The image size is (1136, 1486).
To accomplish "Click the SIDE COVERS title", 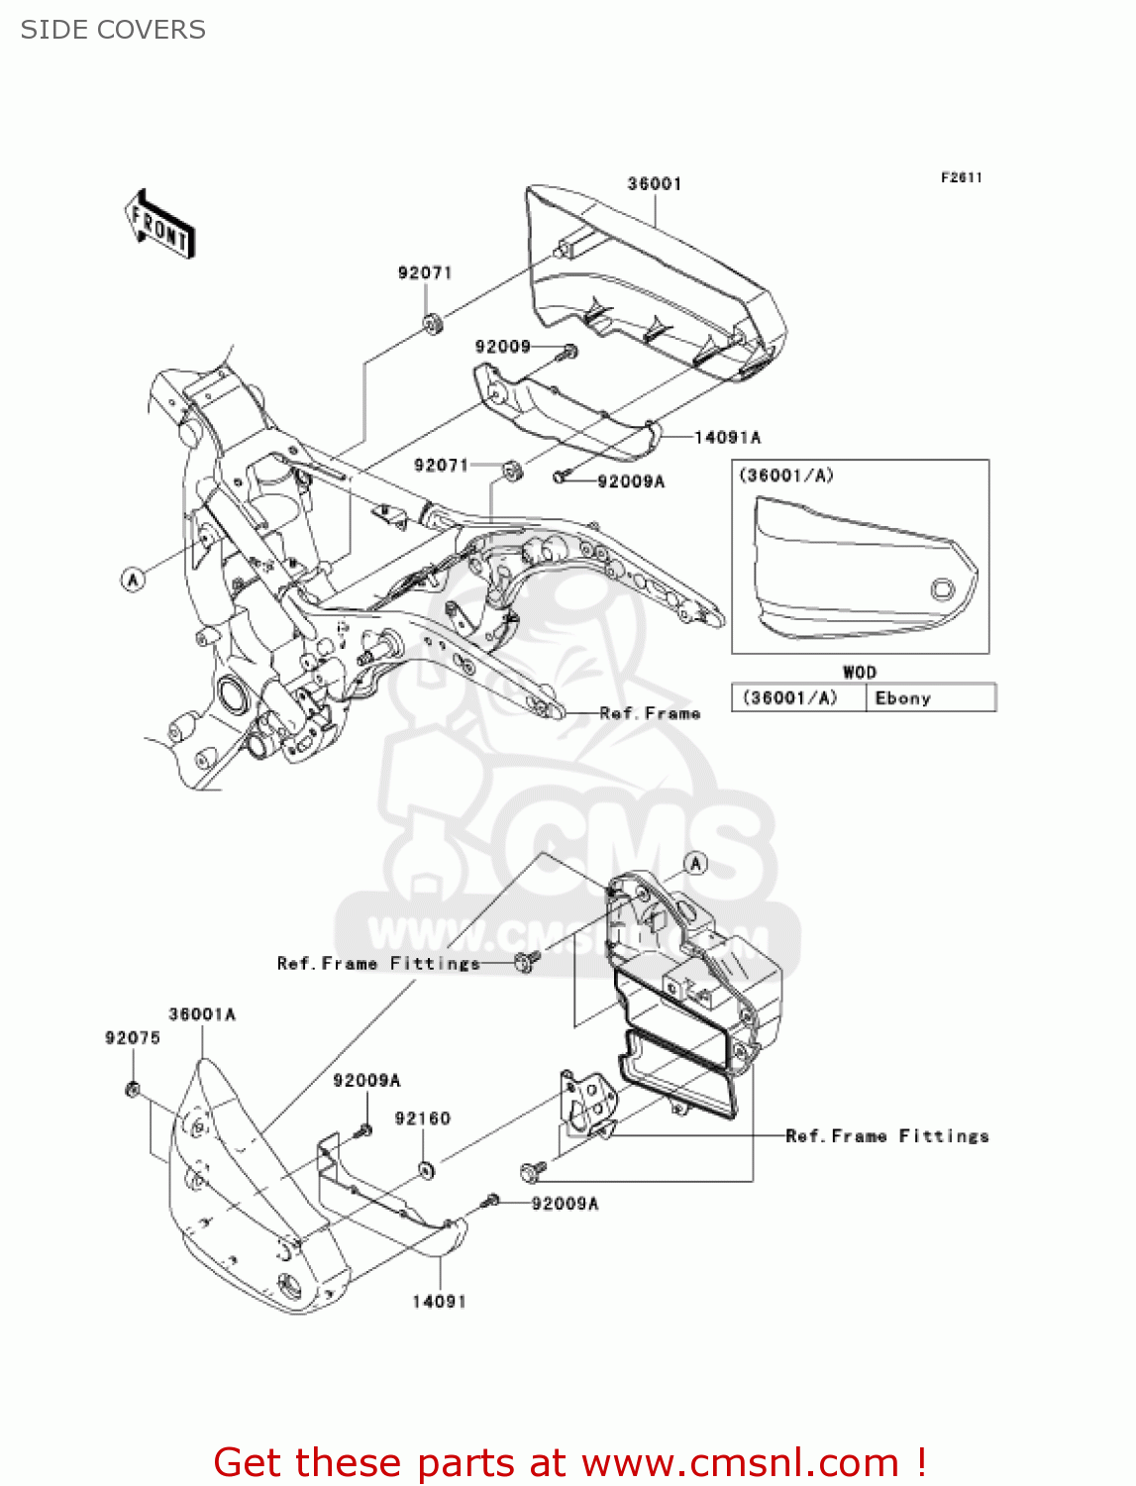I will [x=113, y=30].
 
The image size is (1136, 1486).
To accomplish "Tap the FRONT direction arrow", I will [x=159, y=225].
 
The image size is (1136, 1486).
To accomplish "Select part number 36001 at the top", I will [x=654, y=183].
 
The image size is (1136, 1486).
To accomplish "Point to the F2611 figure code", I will [x=961, y=177].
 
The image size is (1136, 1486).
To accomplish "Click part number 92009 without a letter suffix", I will [x=502, y=347].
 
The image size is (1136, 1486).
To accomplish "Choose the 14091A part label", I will [x=727, y=437].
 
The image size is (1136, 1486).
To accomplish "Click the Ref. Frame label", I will [x=650, y=713].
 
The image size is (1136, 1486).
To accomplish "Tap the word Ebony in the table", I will [x=902, y=698].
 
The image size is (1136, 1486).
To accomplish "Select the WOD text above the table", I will [x=859, y=672].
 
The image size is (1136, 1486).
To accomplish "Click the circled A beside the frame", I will [x=133, y=579].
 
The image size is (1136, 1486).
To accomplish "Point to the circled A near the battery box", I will [x=696, y=864].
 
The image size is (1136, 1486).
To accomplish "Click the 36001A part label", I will [x=202, y=1014].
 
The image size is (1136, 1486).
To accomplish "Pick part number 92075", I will [x=132, y=1037].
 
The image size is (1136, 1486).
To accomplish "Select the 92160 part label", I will [x=422, y=1118].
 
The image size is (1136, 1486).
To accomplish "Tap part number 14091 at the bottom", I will [x=439, y=1302].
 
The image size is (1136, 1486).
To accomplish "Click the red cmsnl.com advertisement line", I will [x=569, y=1462].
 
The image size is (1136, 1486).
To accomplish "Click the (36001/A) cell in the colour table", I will [x=790, y=698].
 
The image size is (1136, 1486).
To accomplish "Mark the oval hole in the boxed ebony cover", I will [x=942, y=590].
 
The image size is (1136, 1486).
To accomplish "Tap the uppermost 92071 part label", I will [x=425, y=272].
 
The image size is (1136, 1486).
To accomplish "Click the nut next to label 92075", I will [x=132, y=1091].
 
